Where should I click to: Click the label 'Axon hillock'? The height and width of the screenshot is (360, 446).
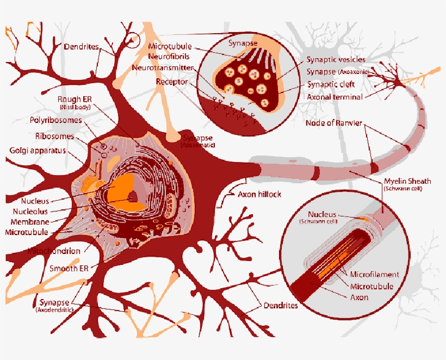259,194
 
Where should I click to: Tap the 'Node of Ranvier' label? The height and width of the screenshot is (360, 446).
334,122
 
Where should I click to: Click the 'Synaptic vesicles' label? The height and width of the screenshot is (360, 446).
336,59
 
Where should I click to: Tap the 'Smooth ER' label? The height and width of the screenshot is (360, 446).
69,269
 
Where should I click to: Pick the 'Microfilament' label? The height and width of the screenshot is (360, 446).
375,275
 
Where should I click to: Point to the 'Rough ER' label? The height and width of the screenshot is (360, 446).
75,100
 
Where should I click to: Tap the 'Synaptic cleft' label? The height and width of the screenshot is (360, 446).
331,84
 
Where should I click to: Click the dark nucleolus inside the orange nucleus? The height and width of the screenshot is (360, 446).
132,197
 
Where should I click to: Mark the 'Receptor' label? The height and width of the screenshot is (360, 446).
172,82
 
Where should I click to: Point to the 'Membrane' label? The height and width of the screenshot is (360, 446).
30,222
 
